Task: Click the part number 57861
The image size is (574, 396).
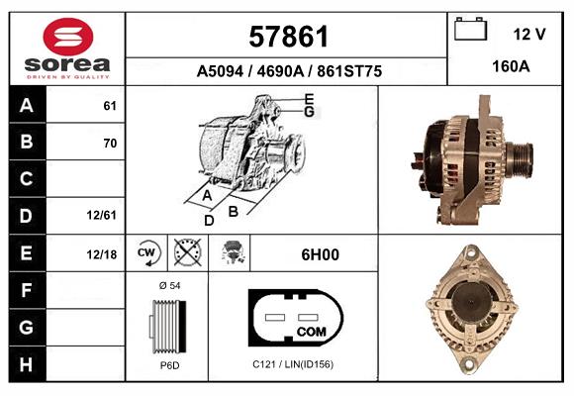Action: tap(288, 38)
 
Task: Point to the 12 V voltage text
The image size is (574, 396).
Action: tap(529, 34)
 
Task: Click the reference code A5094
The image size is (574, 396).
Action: tap(223, 71)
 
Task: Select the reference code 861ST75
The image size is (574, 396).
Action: tap(346, 71)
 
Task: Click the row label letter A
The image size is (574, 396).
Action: tap(28, 106)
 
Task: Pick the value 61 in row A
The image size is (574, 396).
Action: tap(109, 106)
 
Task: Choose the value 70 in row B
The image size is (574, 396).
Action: tap(109, 143)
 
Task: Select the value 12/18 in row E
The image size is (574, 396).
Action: tap(102, 254)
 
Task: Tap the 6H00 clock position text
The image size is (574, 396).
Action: tap(320, 254)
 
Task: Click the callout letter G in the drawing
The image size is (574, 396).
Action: tap(309, 112)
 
